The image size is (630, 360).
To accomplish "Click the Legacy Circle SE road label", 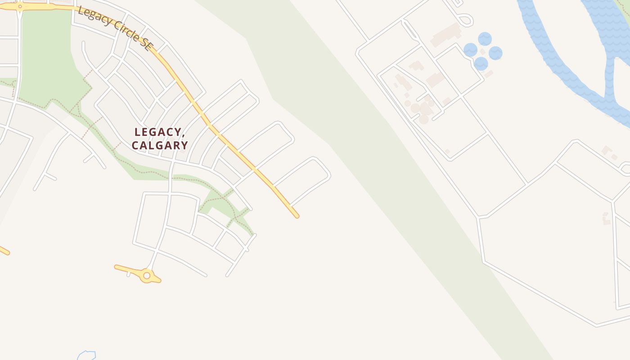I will click(115, 28).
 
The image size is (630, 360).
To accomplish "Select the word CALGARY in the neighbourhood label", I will click(160, 145).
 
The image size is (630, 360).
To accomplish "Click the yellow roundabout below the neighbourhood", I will click(146, 275).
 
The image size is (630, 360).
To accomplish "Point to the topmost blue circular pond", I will click(485, 39).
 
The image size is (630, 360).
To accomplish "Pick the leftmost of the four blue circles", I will click(470, 50).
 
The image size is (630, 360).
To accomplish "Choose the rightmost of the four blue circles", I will click(495, 53).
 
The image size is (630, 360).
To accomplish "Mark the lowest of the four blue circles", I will click(481, 63).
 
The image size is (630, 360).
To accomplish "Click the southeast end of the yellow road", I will click(296, 216).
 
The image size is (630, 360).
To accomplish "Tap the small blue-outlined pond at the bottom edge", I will click(86, 355).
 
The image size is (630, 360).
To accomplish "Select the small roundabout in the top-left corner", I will click(20, 6).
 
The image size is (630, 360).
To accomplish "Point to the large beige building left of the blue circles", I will click(445, 35).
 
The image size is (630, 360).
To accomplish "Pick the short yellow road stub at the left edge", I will click(4, 250).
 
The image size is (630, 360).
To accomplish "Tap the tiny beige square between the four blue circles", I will click(482, 52).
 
